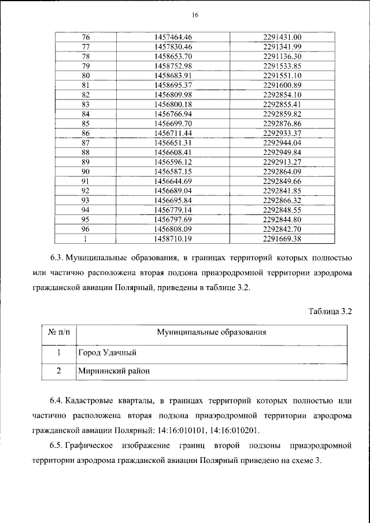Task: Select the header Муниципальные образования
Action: point(212,332)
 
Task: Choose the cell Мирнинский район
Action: point(109,371)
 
